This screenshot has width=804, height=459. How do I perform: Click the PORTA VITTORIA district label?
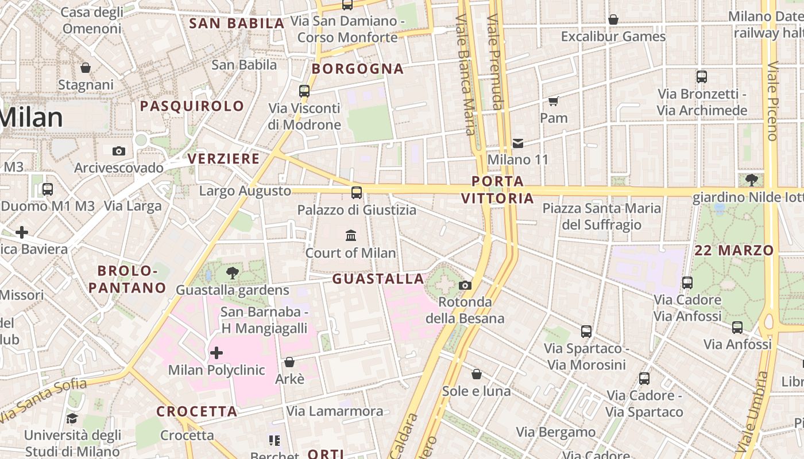pyautogui.click(x=497, y=190)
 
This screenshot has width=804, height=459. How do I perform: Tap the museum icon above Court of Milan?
pyautogui.click(x=351, y=235)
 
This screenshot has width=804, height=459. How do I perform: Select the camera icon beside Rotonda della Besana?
pyautogui.click(x=465, y=285)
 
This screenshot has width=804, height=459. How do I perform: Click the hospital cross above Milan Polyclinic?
pyautogui.click(x=217, y=352)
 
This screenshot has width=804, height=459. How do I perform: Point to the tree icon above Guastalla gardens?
pyautogui.click(x=233, y=273)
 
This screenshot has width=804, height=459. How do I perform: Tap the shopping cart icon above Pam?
pyautogui.click(x=554, y=102)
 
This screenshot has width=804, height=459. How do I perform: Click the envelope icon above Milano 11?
pyautogui.click(x=518, y=143)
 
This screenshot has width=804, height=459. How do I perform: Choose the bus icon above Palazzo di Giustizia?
pyautogui.click(x=357, y=193)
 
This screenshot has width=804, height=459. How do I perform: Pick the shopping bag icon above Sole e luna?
pyautogui.click(x=476, y=375)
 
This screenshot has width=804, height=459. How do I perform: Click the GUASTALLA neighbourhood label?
pyautogui.click(x=378, y=279)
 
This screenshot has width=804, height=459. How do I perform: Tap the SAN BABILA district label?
pyautogui.click(x=237, y=24)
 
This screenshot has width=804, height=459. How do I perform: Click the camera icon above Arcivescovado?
pyautogui.click(x=119, y=151)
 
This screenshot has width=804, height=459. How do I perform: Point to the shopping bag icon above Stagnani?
pyautogui.click(x=86, y=68)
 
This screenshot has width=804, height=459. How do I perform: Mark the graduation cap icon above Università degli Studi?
pyautogui.click(x=72, y=418)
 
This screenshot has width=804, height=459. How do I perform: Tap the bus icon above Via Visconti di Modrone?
pyautogui.click(x=304, y=91)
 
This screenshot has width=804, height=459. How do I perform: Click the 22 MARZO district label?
pyautogui.click(x=734, y=251)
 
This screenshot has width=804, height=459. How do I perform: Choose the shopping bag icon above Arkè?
pyautogui.click(x=289, y=363)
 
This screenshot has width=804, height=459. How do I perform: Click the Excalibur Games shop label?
pyautogui.click(x=613, y=37)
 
